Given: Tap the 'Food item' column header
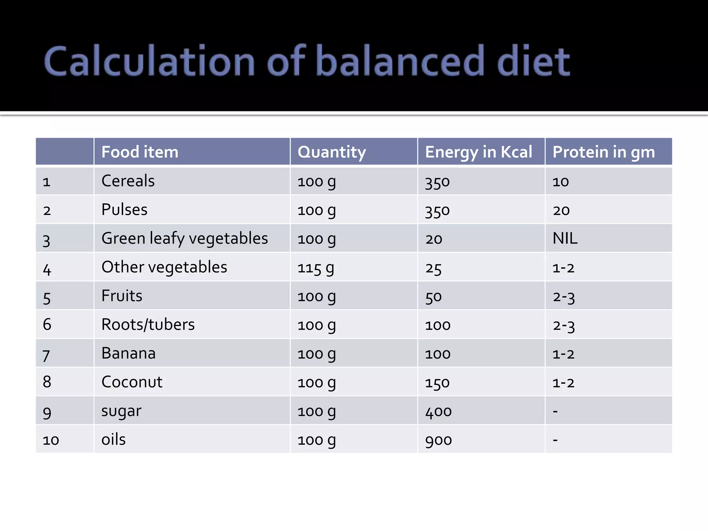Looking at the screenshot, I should (x=140, y=152).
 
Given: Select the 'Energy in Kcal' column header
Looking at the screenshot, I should (x=478, y=152).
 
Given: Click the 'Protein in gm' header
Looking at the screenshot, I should (x=604, y=152).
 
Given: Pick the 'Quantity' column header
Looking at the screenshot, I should (x=332, y=152).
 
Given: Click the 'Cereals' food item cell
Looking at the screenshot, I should (x=128, y=181).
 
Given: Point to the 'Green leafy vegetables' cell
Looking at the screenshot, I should (x=185, y=239).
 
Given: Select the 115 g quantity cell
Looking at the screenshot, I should (x=316, y=268).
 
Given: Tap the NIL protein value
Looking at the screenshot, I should (x=565, y=239).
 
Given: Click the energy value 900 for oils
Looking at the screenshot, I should (x=438, y=440).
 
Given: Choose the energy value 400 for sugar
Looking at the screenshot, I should (x=438, y=411).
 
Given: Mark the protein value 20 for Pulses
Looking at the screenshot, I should (x=561, y=210).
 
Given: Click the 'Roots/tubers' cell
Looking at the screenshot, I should (x=148, y=325).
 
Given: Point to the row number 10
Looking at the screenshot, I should (x=51, y=440).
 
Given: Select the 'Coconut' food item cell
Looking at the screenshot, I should (x=132, y=382).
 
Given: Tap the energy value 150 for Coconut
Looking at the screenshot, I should (x=437, y=383).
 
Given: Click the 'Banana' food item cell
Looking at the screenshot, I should (x=128, y=353).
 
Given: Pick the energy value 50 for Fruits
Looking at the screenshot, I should (x=434, y=297).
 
